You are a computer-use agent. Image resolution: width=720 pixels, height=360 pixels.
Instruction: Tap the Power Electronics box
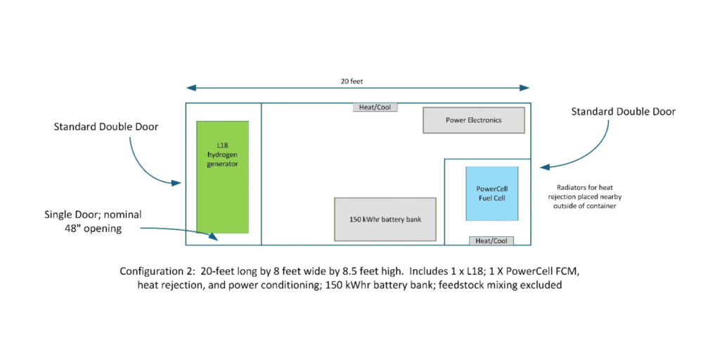click(473, 120)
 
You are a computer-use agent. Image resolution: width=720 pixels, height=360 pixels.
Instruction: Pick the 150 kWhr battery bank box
click(385, 219)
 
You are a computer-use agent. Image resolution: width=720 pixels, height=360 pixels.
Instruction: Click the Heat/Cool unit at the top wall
click(375, 108)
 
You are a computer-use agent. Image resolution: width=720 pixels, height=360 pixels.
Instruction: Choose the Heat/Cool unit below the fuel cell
click(491, 240)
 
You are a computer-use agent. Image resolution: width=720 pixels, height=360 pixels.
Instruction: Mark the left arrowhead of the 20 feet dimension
click(189, 88)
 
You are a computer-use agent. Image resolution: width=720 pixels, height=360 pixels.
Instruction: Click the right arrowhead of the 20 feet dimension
click(526, 88)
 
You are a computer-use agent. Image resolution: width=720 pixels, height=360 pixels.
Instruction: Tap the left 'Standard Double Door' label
click(105, 127)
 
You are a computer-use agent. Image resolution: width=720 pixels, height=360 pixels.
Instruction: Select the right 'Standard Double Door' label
click(623, 112)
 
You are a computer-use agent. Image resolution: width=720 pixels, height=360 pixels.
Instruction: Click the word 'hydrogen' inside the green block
click(222, 154)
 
